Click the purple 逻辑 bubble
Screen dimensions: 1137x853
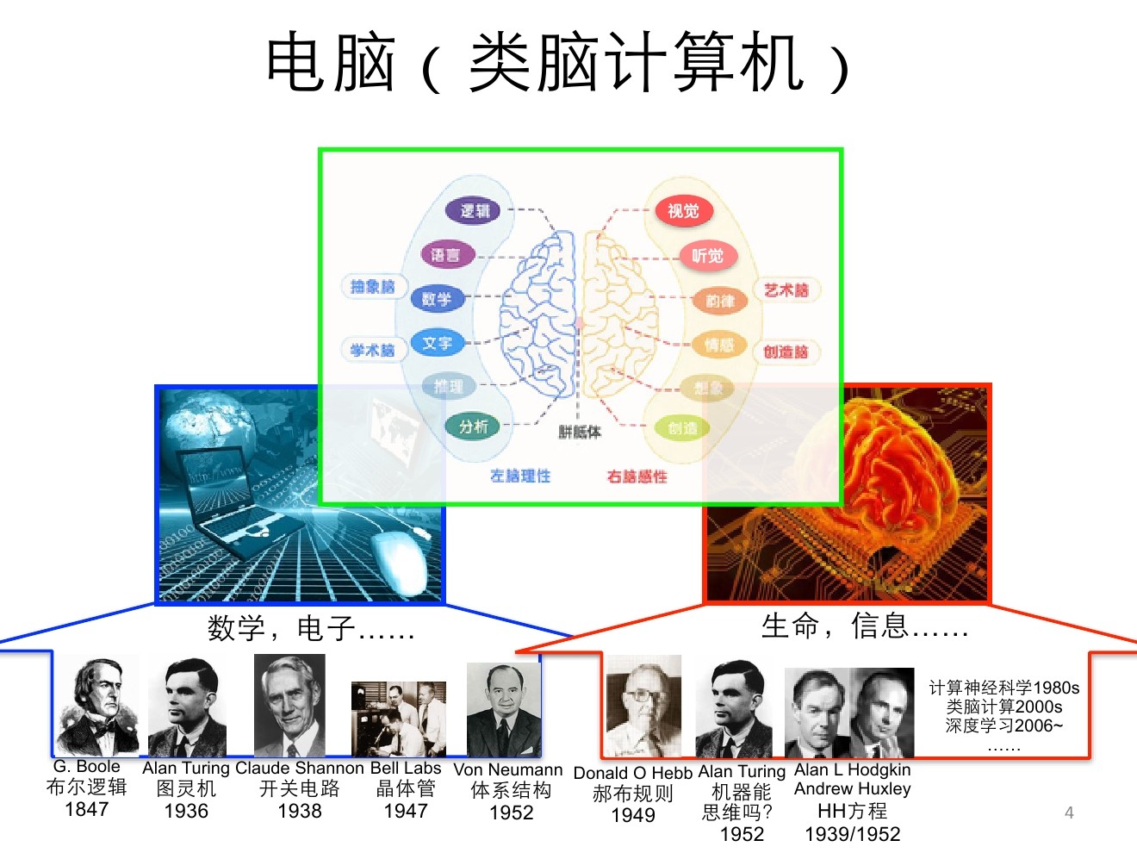pyautogui.click(x=474, y=210)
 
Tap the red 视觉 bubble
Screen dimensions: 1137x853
pyautogui.click(x=683, y=211)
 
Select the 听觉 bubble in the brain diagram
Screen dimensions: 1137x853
pyautogui.click(x=708, y=256)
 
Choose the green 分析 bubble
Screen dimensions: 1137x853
pyautogui.click(x=473, y=426)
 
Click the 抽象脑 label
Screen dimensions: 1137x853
pyautogui.click(x=373, y=287)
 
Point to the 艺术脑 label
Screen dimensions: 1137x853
pyautogui.click(x=786, y=290)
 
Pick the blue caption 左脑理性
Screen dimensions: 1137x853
pyautogui.click(x=520, y=476)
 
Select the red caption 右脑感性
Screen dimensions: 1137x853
pyautogui.click(x=637, y=476)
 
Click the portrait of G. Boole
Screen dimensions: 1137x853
pyautogui.click(x=97, y=707)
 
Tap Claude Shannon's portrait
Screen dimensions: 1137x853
pyautogui.click(x=289, y=706)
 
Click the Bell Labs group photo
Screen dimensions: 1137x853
pyautogui.click(x=399, y=719)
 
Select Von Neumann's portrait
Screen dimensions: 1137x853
pyautogui.click(x=503, y=710)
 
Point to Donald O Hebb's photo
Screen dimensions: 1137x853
pyautogui.click(x=643, y=707)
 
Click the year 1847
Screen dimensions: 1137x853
pyautogui.click(x=87, y=810)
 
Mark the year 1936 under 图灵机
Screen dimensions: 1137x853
pyautogui.click(x=186, y=812)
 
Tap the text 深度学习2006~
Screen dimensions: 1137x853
pyautogui.click(x=1003, y=725)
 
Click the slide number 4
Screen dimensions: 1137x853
pyautogui.click(x=1069, y=813)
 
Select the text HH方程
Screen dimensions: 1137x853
pyautogui.click(x=852, y=812)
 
